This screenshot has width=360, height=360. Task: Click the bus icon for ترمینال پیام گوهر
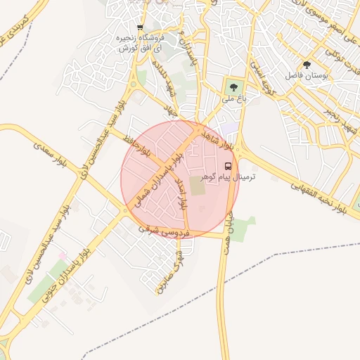[x=228, y=167]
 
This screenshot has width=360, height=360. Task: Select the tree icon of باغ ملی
[x=233, y=86]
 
